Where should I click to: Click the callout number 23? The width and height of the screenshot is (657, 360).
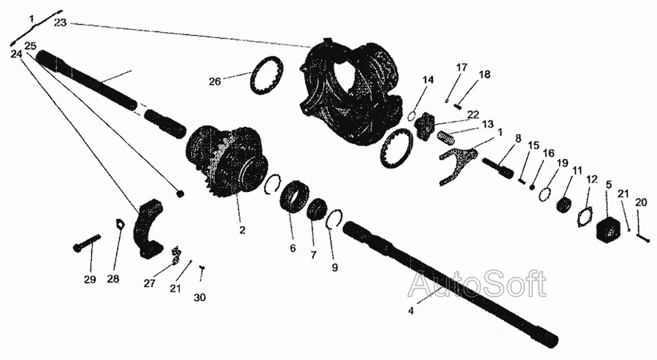click(x=61, y=23)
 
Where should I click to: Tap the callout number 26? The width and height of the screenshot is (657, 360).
click(x=215, y=81)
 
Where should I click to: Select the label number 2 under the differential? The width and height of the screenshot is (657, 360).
click(x=242, y=230)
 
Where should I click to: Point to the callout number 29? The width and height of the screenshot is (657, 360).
click(x=90, y=280)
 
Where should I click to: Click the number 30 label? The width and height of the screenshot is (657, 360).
click(x=200, y=297)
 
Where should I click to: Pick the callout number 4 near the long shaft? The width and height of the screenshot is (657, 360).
click(x=411, y=311)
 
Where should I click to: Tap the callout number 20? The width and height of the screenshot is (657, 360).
click(x=641, y=202)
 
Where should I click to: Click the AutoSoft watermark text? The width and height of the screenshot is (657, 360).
click(x=477, y=284)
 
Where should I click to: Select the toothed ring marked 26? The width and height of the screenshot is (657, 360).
click(x=267, y=76)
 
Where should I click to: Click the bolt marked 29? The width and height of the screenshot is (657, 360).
click(x=87, y=242)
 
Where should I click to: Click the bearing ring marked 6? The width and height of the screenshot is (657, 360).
click(x=295, y=196)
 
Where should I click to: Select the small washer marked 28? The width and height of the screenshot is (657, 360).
click(x=120, y=224)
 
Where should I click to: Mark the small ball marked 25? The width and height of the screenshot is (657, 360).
click(x=180, y=194)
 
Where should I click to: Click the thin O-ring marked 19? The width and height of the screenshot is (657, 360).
click(x=545, y=194)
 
